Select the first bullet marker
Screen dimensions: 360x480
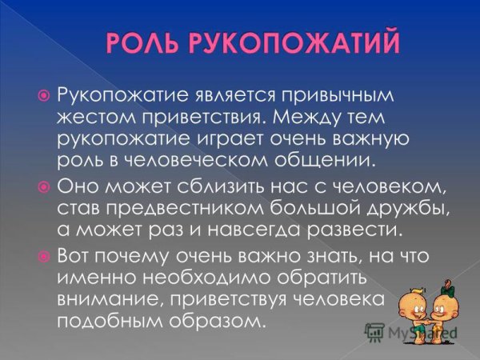pos(45,96)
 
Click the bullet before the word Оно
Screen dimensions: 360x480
pos(45,186)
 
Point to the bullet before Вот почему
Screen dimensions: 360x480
pos(45,255)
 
